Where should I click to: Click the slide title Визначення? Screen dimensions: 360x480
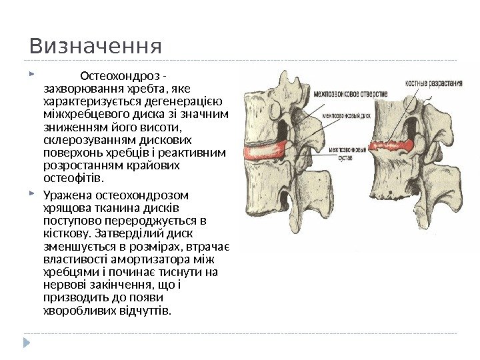coord(95,47)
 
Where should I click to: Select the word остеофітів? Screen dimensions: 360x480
coord(73,179)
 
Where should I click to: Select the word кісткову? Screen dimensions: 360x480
coord(68,234)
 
